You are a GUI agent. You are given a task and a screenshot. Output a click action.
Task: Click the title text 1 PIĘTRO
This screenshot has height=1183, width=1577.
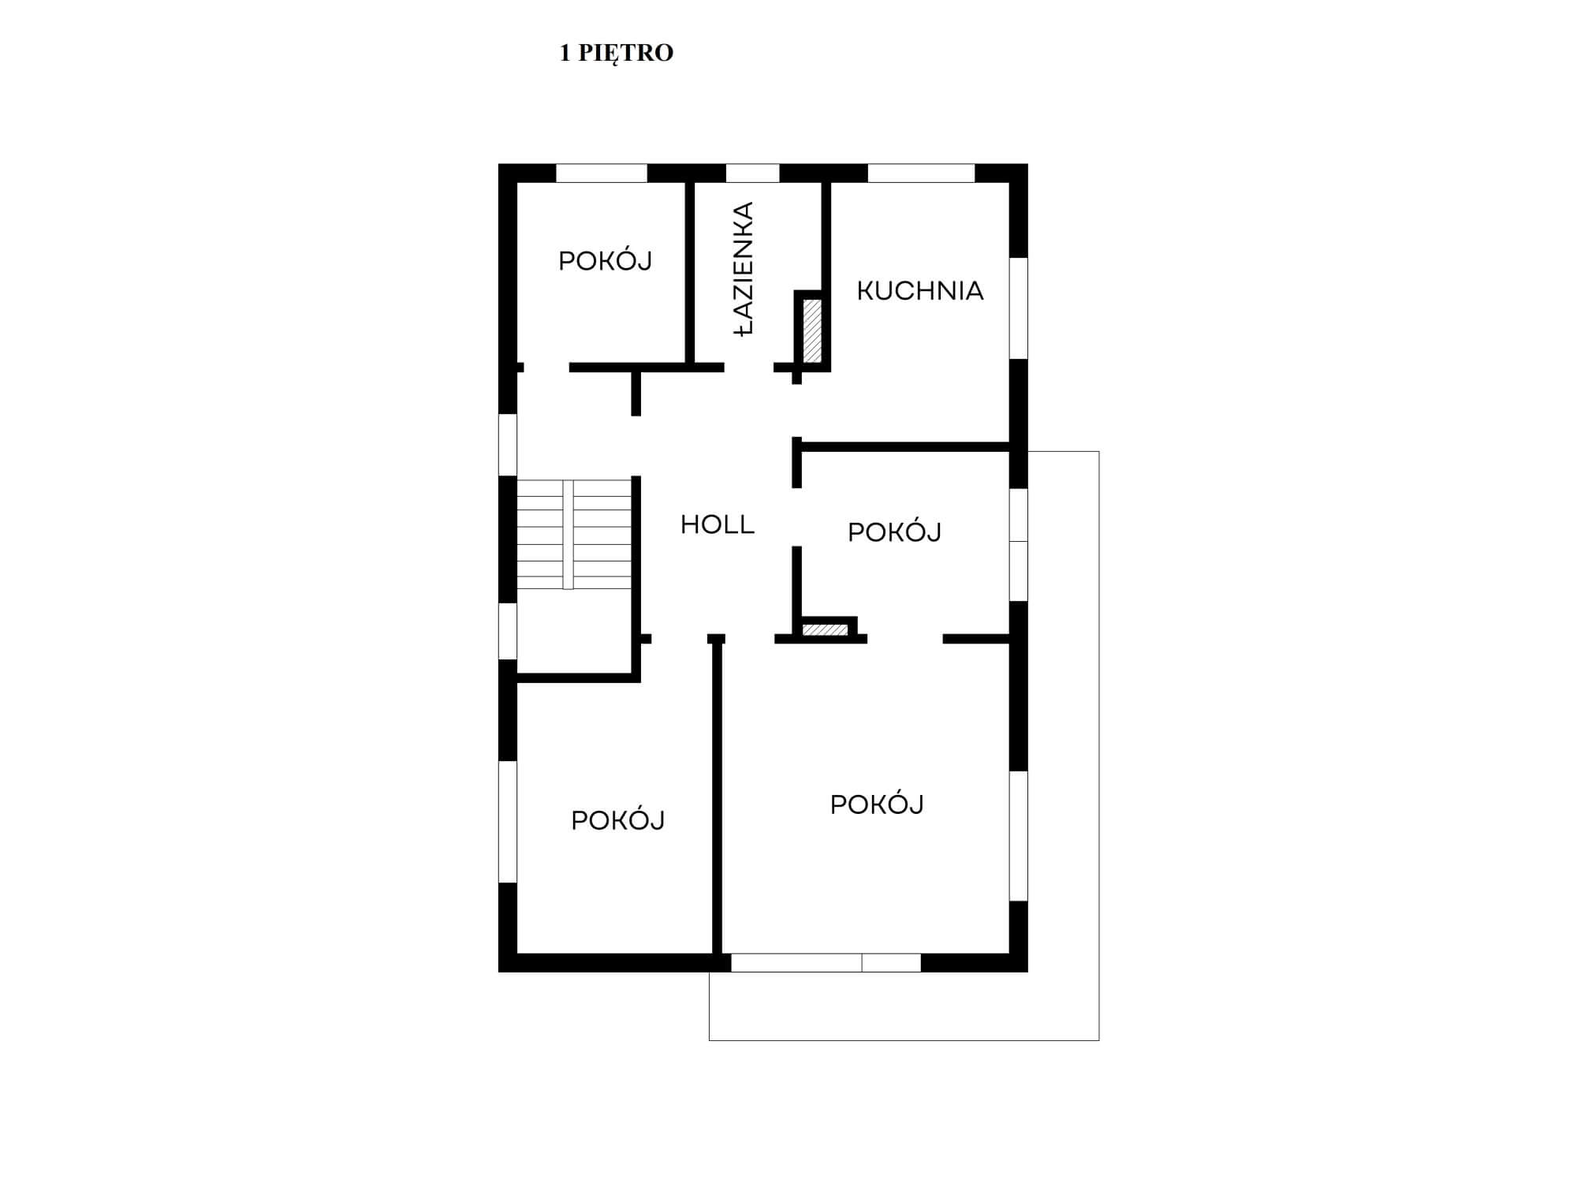[616, 53]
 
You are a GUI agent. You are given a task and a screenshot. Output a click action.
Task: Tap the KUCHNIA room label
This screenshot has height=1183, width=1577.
[920, 291]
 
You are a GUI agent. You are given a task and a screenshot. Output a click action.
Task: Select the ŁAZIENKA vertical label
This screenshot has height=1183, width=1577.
[744, 270]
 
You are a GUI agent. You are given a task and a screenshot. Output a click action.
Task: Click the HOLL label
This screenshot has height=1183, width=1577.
[718, 524]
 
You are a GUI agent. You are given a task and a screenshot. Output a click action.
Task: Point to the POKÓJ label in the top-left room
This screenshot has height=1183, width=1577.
[606, 260]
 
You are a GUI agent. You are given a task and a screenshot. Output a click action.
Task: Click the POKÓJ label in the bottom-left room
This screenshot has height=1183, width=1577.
[618, 820]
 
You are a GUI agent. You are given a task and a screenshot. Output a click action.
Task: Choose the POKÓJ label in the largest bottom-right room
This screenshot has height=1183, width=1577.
[877, 804]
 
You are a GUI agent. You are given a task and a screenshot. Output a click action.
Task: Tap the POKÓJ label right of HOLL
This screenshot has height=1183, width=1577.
[895, 532]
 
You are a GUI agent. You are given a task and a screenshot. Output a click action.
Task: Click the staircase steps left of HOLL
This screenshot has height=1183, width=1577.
[574, 534]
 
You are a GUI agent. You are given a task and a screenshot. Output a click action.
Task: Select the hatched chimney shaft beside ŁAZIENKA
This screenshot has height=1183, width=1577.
[812, 330]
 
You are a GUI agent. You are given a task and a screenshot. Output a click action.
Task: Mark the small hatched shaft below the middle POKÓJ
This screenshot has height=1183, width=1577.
[826, 630]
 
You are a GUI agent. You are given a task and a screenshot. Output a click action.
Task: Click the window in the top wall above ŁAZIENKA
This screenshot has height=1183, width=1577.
[752, 173]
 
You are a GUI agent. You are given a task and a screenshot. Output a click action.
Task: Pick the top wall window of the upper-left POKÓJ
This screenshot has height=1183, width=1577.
[602, 173]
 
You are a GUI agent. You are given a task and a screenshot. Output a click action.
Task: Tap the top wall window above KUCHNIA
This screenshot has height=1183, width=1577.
[921, 173]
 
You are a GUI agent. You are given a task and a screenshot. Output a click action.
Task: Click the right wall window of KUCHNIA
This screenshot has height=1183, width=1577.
[1019, 308]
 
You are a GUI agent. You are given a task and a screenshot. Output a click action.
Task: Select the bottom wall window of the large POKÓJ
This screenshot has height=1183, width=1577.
[826, 962]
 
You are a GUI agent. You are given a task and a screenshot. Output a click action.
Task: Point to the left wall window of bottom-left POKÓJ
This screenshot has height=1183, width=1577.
[508, 822]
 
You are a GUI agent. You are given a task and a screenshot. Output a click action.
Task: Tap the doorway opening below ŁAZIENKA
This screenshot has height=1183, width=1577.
[749, 368]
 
